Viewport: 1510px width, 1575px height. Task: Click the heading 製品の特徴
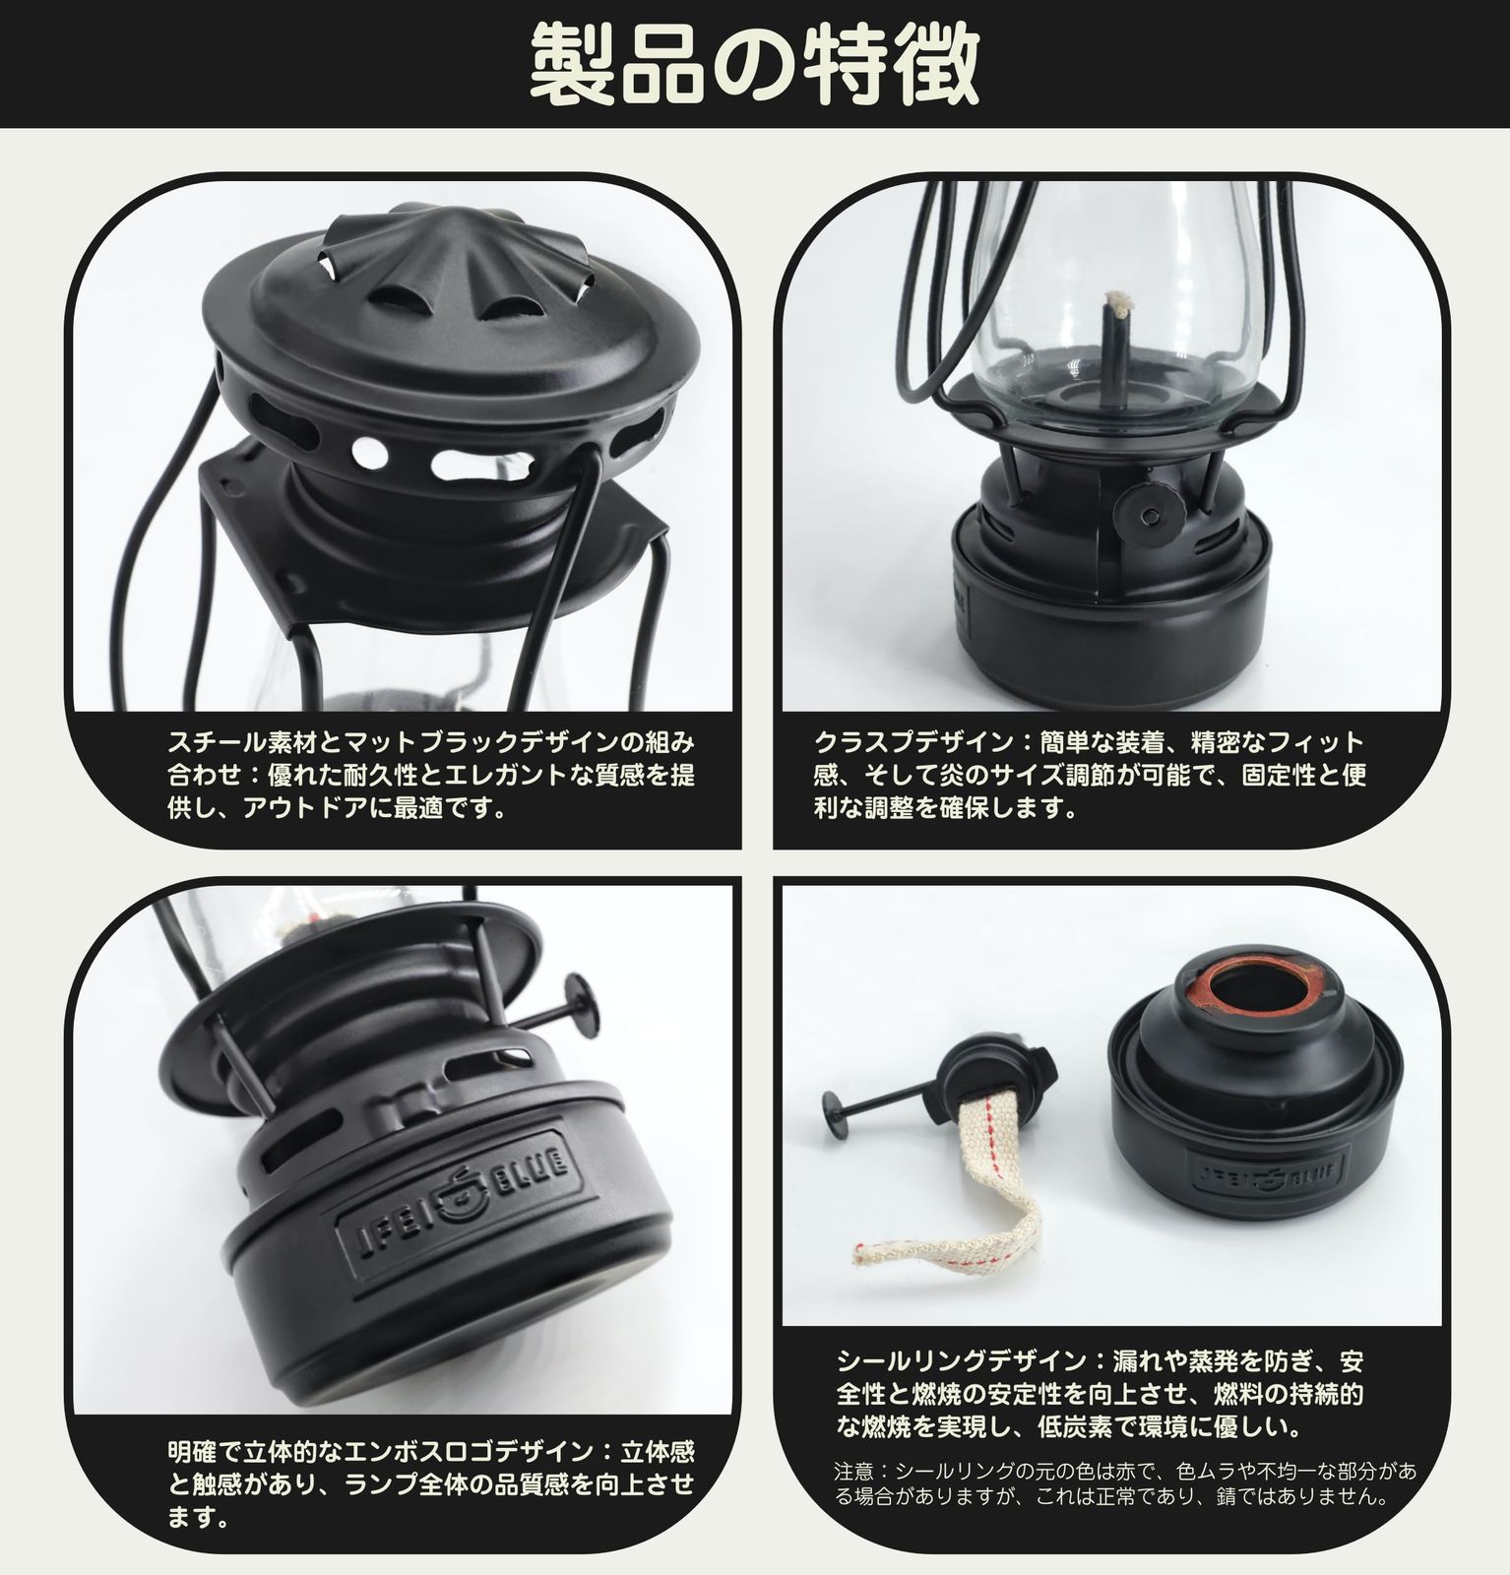(755, 65)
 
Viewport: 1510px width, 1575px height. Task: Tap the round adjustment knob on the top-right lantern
(1146, 510)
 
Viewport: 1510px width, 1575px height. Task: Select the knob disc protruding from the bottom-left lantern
(578, 1001)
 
